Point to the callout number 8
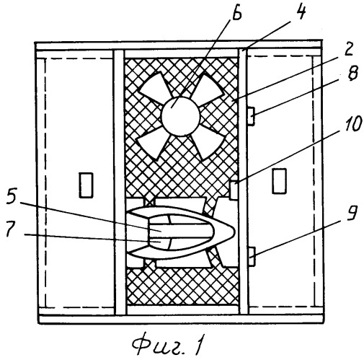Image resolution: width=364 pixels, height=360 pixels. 352,72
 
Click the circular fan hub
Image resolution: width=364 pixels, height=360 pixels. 181,117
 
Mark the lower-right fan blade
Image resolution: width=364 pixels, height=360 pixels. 208,144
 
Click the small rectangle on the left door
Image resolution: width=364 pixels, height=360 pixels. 86,185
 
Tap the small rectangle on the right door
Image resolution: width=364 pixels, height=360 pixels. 280,181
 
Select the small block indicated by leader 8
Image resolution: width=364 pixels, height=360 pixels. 251,116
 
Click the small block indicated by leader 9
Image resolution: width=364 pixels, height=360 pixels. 252,257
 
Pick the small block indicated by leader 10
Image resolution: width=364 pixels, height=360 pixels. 234,190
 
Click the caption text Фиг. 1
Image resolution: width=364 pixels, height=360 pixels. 168,344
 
